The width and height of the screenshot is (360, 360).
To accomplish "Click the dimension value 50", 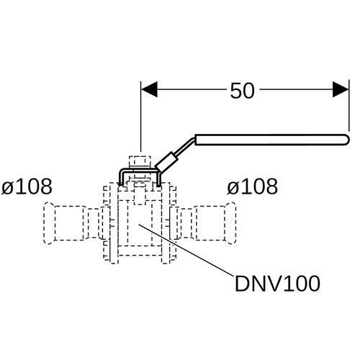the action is pyautogui.click(x=242, y=91).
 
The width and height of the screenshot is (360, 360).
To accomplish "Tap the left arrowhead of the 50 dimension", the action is pyautogui.click(x=149, y=89).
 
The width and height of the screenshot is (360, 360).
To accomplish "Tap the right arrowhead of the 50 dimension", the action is pyautogui.click(x=341, y=89).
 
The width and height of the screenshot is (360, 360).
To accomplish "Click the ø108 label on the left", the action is pyautogui.click(x=27, y=186).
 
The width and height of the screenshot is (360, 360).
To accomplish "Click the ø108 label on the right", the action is pyautogui.click(x=253, y=186).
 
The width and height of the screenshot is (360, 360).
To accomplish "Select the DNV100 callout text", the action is pyautogui.click(x=277, y=284).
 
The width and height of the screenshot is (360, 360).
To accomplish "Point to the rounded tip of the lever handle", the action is pyautogui.click(x=346, y=140).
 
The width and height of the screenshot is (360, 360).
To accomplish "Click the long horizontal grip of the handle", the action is pyautogui.click(x=272, y=140).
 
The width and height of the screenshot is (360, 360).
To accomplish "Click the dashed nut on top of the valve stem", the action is pyautogui.click(x=140, y=161).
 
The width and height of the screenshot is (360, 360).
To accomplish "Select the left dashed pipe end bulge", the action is pyautogui.click(x=49, y=223).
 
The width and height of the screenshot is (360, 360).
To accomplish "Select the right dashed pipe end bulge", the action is pyautogui.click(x=231, y=223).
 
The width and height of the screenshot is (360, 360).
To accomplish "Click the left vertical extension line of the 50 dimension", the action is pyautogui.click(x=141, y=117).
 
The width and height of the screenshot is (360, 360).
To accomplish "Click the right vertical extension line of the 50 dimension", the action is pyautogui.click(x=349, y=106).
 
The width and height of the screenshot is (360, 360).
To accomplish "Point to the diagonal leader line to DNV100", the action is pyautogui.click(x=186, y=250).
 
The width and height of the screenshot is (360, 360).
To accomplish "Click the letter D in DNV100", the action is pyautogui.click(x=241, y=284).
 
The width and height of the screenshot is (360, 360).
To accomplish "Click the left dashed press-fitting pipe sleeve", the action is pyautogui.click(x=70, y=223).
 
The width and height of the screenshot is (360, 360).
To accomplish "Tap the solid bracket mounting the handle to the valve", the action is pyautogui.click(x=140, y=170).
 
